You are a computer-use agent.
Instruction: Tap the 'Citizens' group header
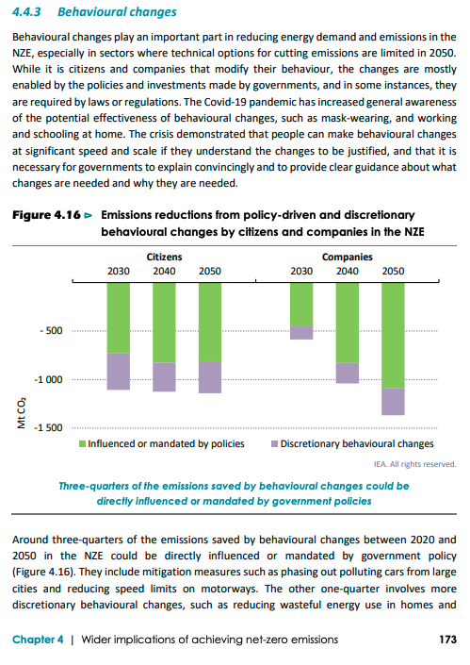[x=164, y=257]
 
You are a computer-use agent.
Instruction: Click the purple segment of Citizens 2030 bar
[x=118, y=371]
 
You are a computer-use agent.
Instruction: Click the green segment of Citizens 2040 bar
[x=164, y=322]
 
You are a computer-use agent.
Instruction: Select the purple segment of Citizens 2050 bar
[x=210, y=377]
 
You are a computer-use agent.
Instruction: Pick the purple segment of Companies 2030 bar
[x=301, y=332]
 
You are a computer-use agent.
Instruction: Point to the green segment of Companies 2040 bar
[x=348, y=322]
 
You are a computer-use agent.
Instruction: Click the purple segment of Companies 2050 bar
[x=393, y=401]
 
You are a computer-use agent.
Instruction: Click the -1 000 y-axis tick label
[x=47, y=379]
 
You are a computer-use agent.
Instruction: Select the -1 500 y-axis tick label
[x=47, y=427]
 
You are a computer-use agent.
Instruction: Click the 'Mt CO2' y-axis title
[x=20, y=416]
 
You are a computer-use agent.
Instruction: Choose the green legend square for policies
[x=82, y=443]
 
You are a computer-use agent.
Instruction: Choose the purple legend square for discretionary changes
[x=274, y=443]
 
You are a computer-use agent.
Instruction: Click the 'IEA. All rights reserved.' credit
[x=415, y=464]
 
